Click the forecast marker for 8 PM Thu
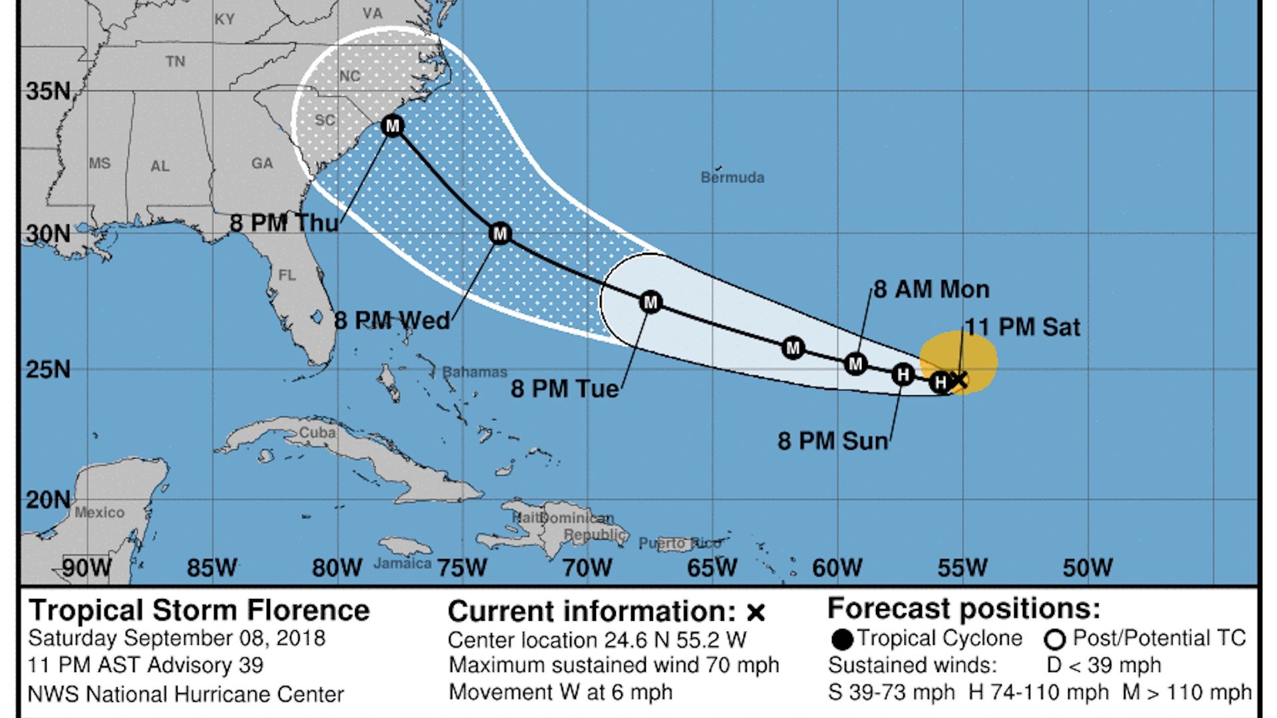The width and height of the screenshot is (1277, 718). [x=392, y=126]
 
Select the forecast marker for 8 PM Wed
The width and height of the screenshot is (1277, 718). [x=499, y=233]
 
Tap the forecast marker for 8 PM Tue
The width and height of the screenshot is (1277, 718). [x=650, y=302]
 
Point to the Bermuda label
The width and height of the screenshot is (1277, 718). [x=732, y=178]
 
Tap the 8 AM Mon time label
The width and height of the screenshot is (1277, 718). [x=931, y=289]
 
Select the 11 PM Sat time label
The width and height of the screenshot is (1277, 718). [x=1023, y=327]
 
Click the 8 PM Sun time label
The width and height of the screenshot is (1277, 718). [x=833, y=441]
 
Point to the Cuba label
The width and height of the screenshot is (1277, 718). [x=317, y=432]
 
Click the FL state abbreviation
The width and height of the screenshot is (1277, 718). [x=287, y=275]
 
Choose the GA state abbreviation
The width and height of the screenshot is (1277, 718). [x=262, y=163]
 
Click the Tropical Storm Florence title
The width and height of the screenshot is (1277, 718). [x=199, y=610]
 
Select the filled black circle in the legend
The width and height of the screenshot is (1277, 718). [x=842, y=640]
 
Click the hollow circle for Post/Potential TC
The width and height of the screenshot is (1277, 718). [x=1055, y=640]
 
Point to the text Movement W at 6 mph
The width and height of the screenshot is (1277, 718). [x=560, y=692]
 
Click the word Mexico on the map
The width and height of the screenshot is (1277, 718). [x=99, y=512]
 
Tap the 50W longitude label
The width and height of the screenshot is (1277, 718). [x=1087, y=568]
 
